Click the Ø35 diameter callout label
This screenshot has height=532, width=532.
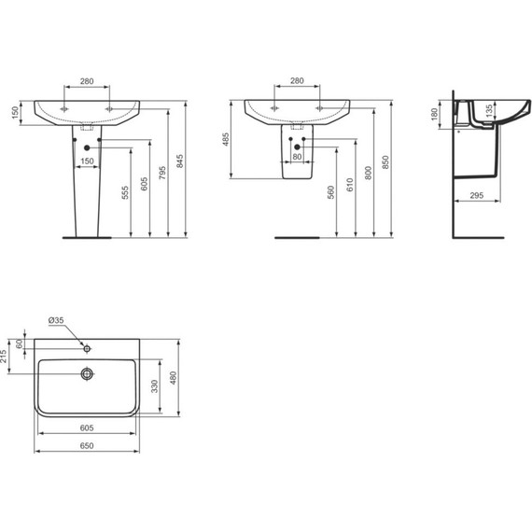(56, 320)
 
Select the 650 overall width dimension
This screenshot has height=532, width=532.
(87, 445)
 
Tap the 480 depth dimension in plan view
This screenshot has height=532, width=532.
(173, 378)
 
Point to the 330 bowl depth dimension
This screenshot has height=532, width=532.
(155, 386)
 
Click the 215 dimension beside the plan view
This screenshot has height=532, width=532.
(4, 357)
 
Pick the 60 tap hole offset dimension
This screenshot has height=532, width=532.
(20, 343)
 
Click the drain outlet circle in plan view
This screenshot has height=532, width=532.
(87, 374)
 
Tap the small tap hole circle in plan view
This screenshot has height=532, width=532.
(87, 348)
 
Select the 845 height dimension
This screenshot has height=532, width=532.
(180, 161)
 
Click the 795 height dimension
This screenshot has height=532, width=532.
(162, 173)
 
